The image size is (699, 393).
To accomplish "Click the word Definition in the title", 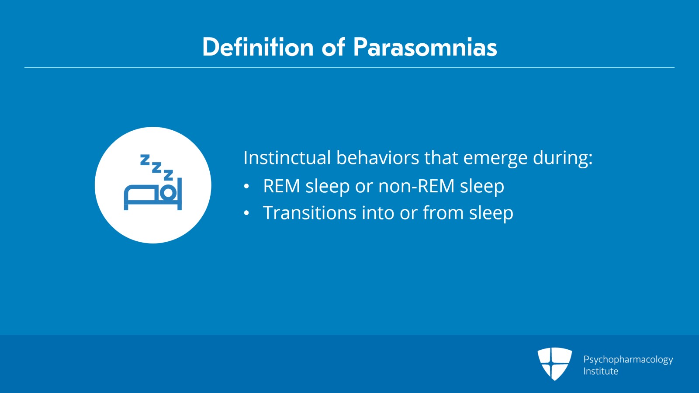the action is pyautogui.click(x=258, y=47).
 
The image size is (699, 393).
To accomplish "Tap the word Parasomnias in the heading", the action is pyautogui.click(x=425, y=47).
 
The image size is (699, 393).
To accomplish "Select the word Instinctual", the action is pyautogui.click(x=287, y=157).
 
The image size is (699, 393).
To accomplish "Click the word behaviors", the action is pyautogui.click(x=377, y=157).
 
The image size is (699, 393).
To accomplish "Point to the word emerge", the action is pyautogui.click(x=495, y=159).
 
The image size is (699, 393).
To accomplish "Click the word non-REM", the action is pyautogui.click(x=416, y=186).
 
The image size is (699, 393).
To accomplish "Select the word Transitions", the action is pyautogui.click(x=310, y=213).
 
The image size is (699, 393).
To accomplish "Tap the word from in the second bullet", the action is pyautogui.click(x=443, y=212).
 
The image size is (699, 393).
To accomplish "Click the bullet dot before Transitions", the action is pyautogui.click(x=246, y=213).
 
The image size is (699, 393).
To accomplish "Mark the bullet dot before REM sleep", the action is pyautogui.click(x=246, y=186).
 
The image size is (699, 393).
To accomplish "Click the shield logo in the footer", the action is pyautogui.click(x=554, y=364).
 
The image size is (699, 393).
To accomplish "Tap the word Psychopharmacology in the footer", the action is pyautogui.click(x=628, y=360).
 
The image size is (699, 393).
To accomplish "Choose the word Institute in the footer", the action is pyautogui.click(x=601, y=371).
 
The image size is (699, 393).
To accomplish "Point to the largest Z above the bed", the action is pyautogui.click(x=169, y=175).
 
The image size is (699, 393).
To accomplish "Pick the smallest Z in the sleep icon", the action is pyautogui.click(x=145, y=160).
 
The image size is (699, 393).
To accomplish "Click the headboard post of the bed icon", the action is pyautogui.click(x=180, y=194).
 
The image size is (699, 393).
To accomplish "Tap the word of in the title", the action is pyautogui.click(x=333, y=47).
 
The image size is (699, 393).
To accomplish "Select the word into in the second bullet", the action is pyautogui.click(x=377, y=212).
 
